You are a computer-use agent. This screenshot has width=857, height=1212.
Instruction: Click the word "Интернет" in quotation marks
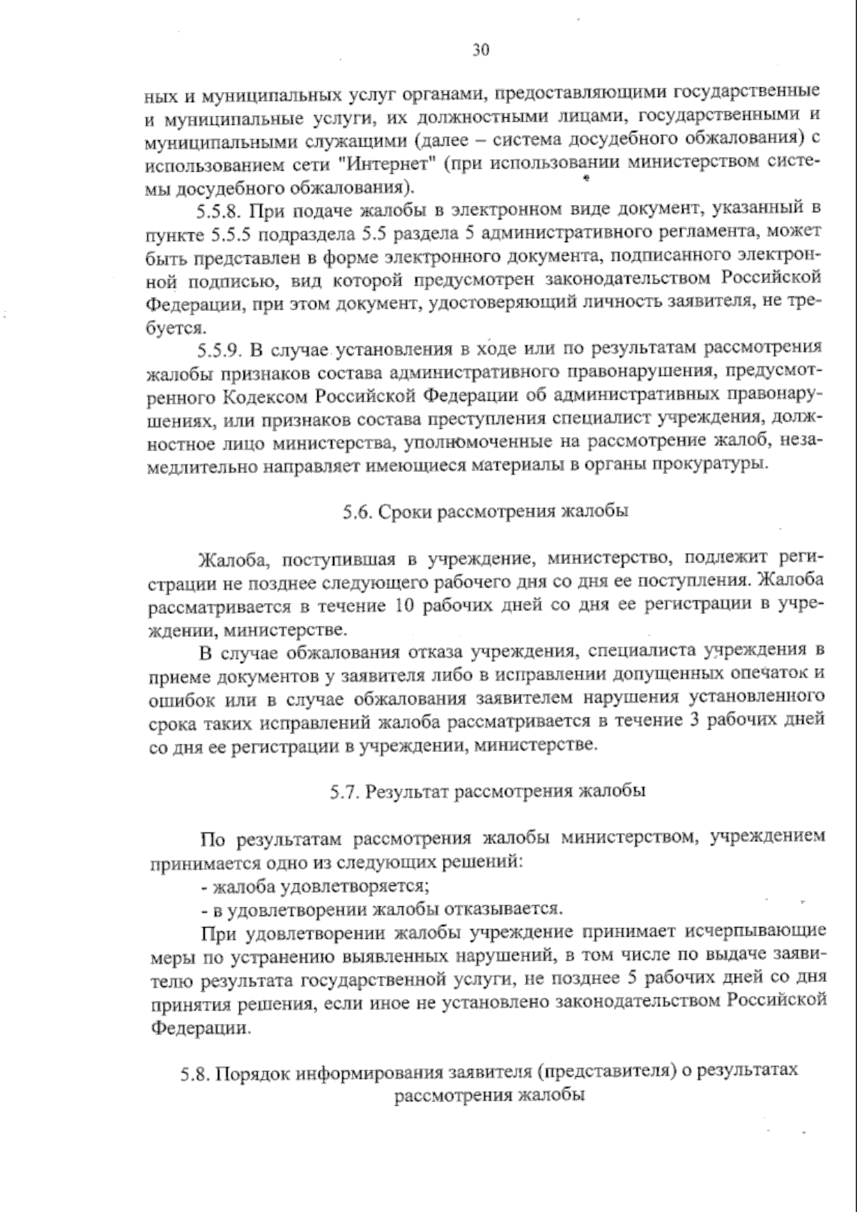click(386, 162)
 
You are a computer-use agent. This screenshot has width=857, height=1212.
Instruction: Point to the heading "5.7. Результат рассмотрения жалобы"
click(488, 791)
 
